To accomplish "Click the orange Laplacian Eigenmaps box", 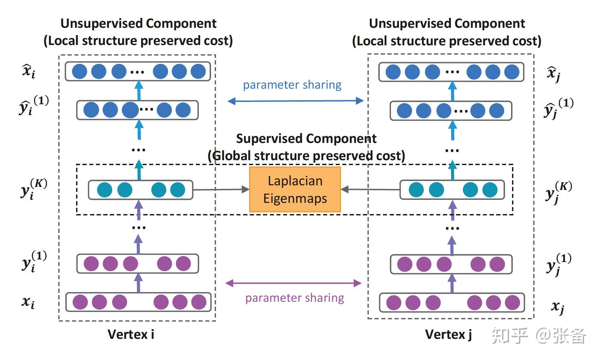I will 295,190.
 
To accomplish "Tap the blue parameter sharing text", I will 292,85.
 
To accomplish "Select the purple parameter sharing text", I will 294,298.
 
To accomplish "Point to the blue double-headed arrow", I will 295,101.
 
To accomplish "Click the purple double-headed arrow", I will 293,283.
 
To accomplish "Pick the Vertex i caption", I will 131,335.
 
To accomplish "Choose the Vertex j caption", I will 448,335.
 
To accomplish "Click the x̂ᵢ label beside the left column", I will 29,71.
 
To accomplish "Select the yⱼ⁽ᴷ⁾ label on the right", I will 558,192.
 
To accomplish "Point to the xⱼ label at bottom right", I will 557,307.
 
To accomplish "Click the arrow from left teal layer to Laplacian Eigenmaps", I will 221,190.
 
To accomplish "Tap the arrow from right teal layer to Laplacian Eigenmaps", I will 370,190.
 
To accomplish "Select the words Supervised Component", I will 306,139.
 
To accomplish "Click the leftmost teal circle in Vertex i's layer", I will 105,190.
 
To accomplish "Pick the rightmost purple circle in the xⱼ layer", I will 512,303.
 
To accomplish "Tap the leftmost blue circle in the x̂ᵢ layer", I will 80,71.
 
